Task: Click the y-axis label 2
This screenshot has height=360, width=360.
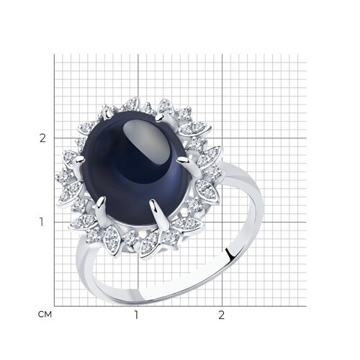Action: (x=42, y=138)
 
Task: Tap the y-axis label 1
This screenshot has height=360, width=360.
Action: (x=42, y=222)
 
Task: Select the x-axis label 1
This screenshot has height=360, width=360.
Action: (x=137, y=315)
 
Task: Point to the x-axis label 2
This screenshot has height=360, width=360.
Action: (x=222, y=315)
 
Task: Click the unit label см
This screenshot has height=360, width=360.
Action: (x=45, y=314)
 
